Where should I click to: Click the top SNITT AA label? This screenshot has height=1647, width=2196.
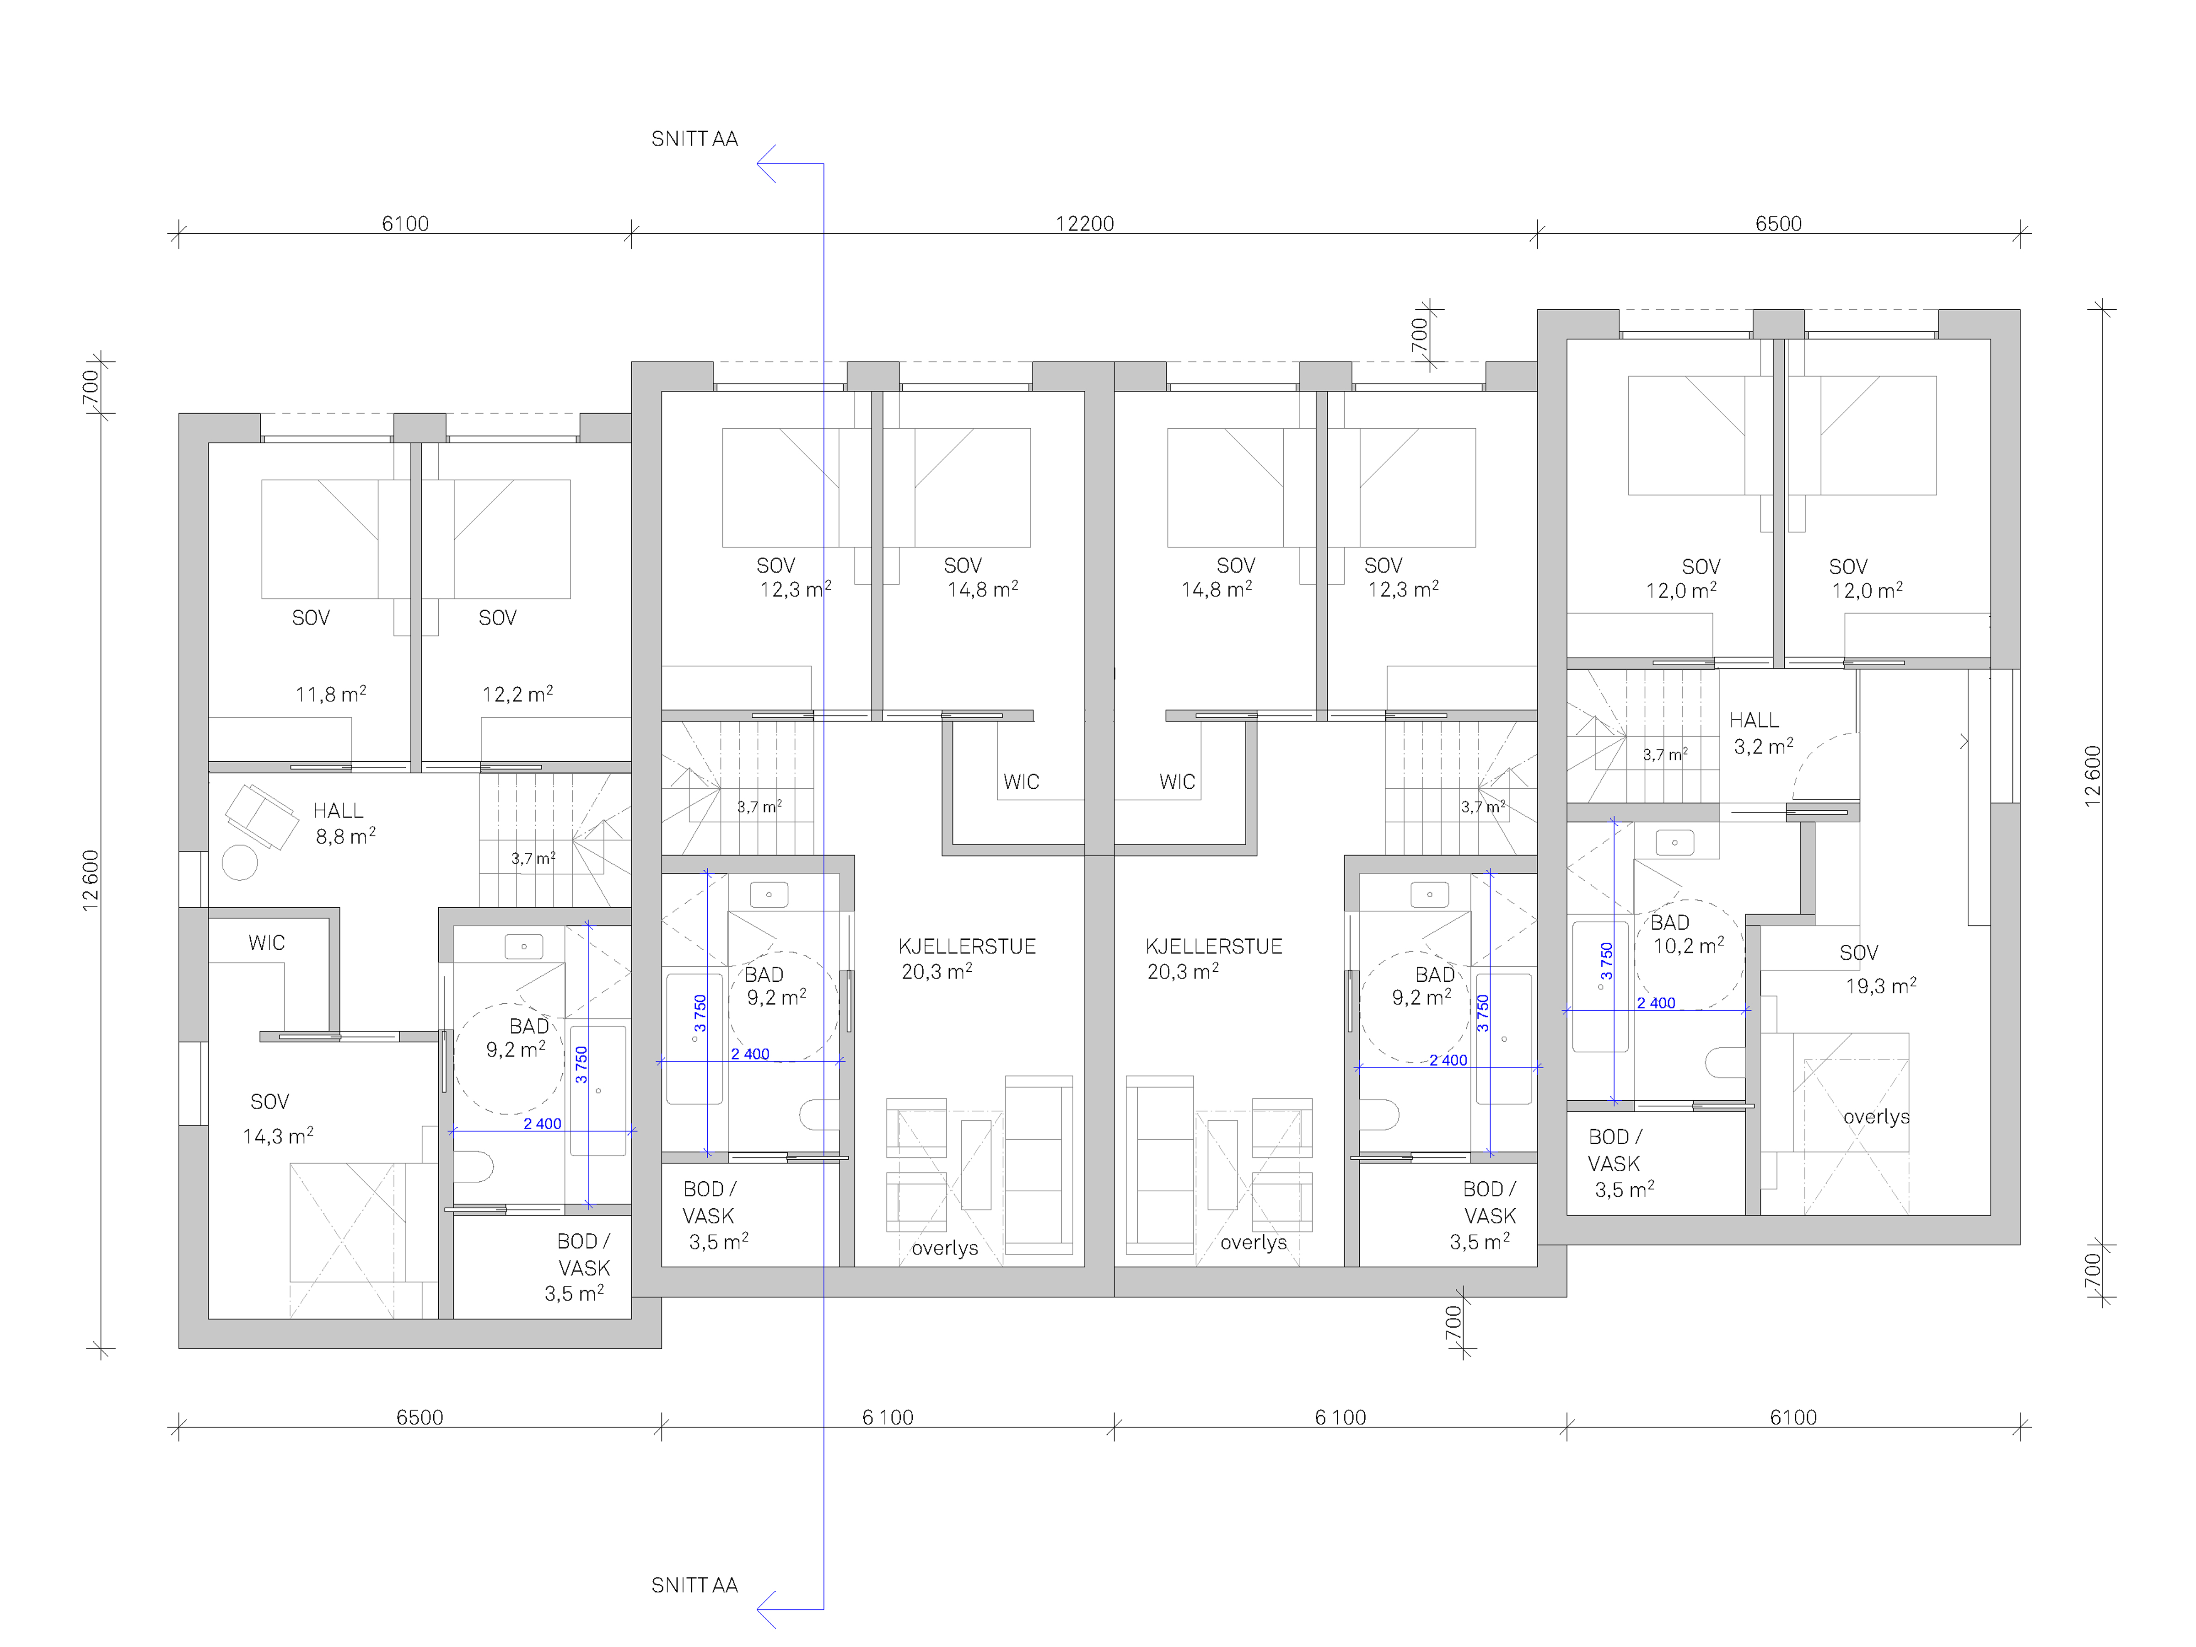(694, 139)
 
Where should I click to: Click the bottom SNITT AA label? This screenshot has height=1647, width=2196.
(694, 1585)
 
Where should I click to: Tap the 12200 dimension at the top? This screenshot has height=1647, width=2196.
(1084, 223)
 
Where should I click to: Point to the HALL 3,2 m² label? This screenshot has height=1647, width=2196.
(1761, 732)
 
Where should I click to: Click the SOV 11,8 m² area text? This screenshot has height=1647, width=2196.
(331, 694)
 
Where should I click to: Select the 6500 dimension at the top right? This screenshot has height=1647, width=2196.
(1778, 223)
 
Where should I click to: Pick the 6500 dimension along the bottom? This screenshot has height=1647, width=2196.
(420, 1417)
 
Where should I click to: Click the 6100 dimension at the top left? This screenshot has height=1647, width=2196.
(405, 223)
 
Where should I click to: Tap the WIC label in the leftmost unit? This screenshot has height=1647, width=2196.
(266, 942)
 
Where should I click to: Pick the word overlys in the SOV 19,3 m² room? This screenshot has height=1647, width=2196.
(1876, 1117)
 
